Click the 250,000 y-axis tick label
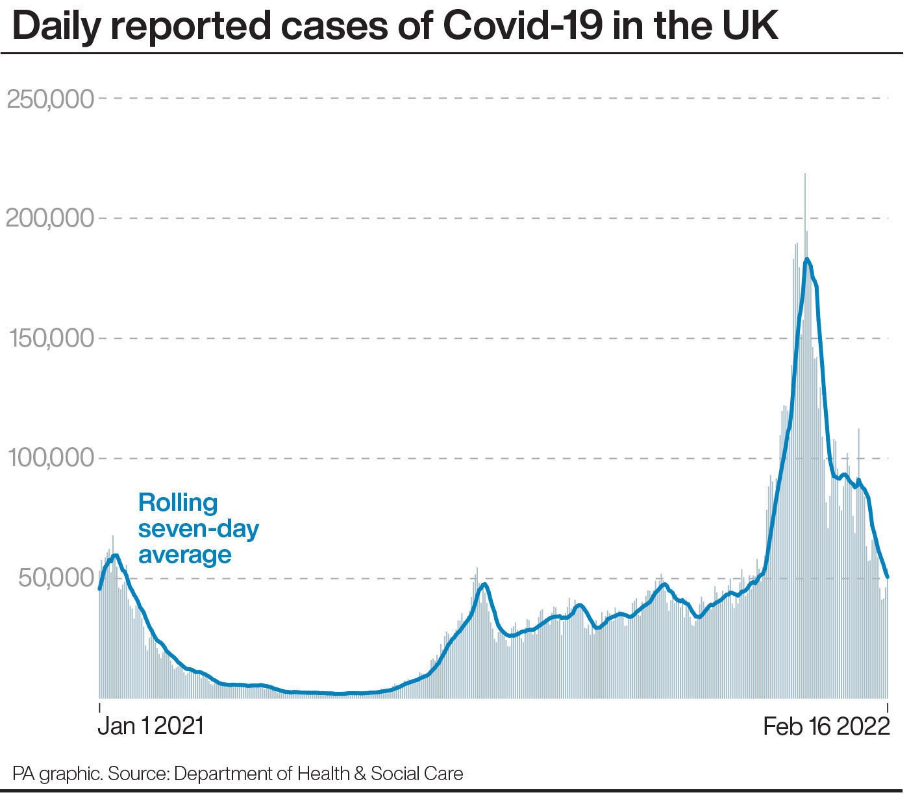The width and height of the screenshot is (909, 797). (x=50, y=99)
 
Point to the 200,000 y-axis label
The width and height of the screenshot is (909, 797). (x=50, y=219)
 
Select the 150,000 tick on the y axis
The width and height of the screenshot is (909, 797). (x=50, y=339)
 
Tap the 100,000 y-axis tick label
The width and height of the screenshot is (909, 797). (x=50, y=458)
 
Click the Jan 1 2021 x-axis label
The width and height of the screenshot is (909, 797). (x=151, y=726)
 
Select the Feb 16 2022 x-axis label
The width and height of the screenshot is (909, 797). (x=826, y=726)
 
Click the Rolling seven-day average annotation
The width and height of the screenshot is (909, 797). (x=197, y=529)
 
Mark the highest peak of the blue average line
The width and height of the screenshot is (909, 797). (x=806, y=259)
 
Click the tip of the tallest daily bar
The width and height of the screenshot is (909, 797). (x=805, y=174)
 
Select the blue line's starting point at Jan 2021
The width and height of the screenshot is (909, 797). (x=99, y=589)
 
